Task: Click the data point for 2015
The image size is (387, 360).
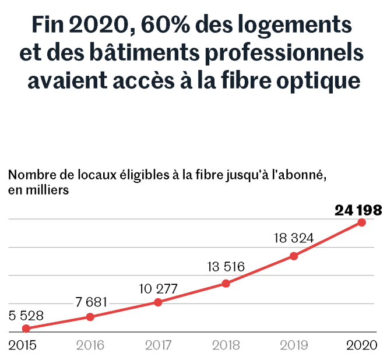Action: (x=26, y=329)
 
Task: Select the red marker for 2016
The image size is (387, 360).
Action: (x=90, y=317)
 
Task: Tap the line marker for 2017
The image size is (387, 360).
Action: (x=158, y=302)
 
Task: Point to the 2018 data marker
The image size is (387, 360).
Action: (x=226, y=284)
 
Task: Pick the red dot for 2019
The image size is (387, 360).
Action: (x=294, y=256)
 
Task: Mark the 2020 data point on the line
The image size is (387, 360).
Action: (x=361, y=222)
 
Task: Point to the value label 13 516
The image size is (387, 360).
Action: (x=226, y=267)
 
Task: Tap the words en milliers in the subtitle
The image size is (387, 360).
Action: (x=38, y=189)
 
